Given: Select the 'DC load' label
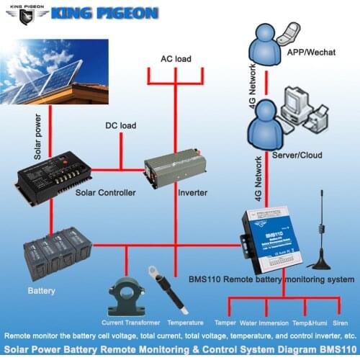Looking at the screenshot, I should pyautogui.click(x=121, y=127).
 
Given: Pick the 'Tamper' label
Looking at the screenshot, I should pyautogui.click(x=225, y=324).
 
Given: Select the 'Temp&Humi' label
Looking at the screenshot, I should pyautogui.click(x=308, y=324).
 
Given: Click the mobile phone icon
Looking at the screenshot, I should pyautogui.click(x=291, y=33).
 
